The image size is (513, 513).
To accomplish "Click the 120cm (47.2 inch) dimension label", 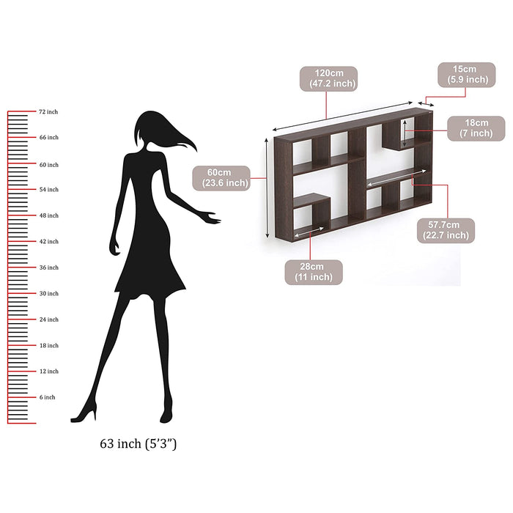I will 328,78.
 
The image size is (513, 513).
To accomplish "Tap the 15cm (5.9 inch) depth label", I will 467,74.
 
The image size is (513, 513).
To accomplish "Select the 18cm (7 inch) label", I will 476,128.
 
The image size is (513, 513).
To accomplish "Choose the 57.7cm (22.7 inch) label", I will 446,230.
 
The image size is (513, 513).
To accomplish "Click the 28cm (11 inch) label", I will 313,271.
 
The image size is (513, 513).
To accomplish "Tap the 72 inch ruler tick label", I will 48,111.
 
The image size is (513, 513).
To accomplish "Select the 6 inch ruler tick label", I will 48,397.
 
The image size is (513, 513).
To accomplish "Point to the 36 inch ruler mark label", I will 48,267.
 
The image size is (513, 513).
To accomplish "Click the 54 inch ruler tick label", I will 48,190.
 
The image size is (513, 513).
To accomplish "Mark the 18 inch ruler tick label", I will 48,345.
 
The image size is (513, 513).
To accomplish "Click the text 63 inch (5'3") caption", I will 138,444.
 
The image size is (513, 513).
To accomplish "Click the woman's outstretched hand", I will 213,218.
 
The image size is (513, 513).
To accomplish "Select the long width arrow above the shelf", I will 344,117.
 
